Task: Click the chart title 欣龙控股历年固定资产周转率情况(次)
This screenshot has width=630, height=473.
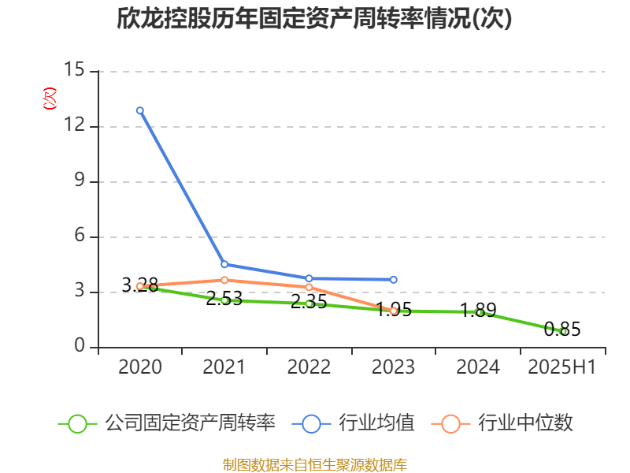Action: (314, 19)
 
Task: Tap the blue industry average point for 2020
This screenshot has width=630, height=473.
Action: (140, 110)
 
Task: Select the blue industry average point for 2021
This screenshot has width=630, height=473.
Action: (224, 264)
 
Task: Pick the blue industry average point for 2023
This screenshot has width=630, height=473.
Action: (394, 279)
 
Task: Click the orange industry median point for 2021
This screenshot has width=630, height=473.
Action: (224, 280)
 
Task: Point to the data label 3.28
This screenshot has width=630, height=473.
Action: (140, 284)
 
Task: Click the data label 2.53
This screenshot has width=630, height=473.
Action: (224, 299)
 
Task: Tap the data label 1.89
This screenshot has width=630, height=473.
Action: (478, 311)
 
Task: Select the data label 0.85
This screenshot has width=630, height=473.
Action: (562, 330)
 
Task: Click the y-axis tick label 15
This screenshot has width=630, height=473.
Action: (74, 71)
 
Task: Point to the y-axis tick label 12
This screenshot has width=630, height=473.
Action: (74, 126)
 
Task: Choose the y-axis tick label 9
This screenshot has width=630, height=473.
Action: (79, 181)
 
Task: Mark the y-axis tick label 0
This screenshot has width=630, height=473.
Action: (79, 347)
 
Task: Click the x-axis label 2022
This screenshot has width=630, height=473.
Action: (309, 367)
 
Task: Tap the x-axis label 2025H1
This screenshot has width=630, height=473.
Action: (562, 367)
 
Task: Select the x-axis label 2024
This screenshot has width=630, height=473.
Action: (478, 367)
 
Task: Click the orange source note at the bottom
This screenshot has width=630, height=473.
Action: (314, 464)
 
